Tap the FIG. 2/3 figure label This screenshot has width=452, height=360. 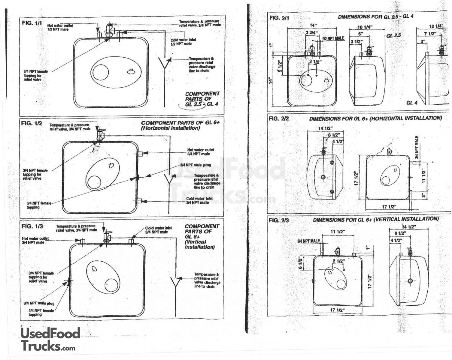(x=279, y=220)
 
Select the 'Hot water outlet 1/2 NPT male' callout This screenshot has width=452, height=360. (x=60, y=27)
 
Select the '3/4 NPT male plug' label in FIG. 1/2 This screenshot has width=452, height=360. (x=195, y=165)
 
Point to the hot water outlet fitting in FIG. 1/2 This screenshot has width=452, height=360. (x=141, y=154)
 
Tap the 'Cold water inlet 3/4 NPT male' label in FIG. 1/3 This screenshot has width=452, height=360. (x=158, y=230)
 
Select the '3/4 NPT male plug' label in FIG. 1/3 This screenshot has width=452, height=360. (x=39, y=303)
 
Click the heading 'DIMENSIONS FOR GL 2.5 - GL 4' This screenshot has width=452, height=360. (x=375, y=16)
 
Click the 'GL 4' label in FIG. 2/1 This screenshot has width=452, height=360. (x=412, y=103)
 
